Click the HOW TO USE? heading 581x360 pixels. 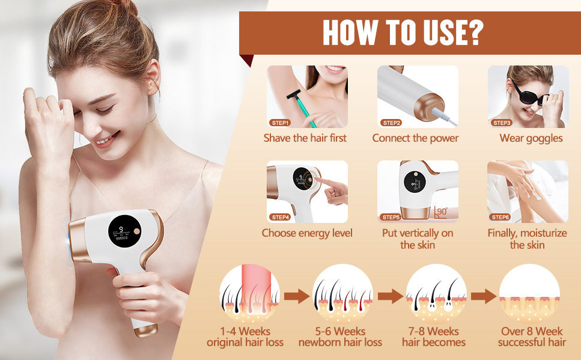[x=402, y=32]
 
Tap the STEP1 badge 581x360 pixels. [x=281, y=123]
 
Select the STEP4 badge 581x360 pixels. [x=281, y=217]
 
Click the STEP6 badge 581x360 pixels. [x=500, y=217]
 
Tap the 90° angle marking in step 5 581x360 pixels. [x=442, y=212]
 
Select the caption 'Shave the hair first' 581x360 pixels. [x=305, y=138]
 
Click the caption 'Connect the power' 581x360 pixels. [x=415, y=138]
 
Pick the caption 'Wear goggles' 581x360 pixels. [x=531, y=138]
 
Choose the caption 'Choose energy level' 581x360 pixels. [x=307, y=233]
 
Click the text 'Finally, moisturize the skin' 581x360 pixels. [x=526, y=239]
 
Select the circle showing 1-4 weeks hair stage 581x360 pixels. [x=249, y=293]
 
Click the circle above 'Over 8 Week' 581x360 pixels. [x=529, y=293]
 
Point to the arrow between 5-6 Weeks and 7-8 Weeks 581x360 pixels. [x=390, y=296]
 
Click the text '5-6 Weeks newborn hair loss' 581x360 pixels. [x=340, y=337]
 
